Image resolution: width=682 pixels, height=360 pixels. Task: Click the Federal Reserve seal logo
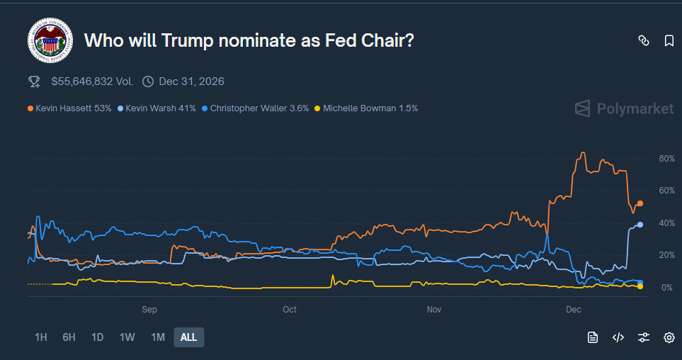point(50,41)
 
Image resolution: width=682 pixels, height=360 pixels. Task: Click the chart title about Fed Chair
point(249,40)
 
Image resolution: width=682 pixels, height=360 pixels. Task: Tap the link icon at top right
point(644,41)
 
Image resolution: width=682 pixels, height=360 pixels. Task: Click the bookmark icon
point(669,41)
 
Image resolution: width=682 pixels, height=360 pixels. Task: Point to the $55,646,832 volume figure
point(92,81)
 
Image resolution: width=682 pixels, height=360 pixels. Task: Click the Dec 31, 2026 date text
point(191,81)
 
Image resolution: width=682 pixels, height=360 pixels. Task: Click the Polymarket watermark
point(624,108)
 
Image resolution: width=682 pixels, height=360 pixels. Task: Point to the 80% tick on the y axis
point(666,159)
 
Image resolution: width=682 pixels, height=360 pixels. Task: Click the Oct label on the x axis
point(290,310)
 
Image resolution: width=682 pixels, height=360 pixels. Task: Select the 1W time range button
point(127,337)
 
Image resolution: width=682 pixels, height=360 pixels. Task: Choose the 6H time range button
point(69,337)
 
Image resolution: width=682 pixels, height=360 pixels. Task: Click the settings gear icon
point(669,337)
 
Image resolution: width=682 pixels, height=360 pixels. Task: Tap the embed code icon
point(618,337)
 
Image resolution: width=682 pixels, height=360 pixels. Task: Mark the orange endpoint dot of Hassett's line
point(640,203)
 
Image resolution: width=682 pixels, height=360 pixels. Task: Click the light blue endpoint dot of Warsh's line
point(640,225)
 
